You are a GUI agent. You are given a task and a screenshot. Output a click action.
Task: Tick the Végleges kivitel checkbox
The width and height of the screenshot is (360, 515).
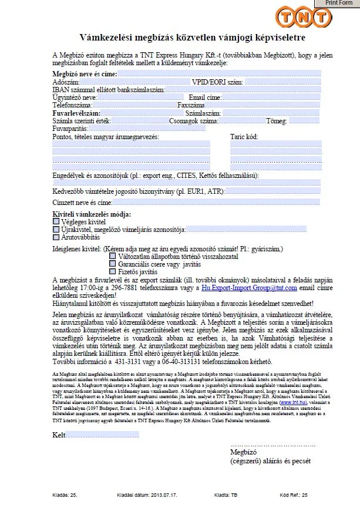point(56,222)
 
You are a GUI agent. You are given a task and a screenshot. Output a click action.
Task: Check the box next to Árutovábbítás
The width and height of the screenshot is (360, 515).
point(56,237)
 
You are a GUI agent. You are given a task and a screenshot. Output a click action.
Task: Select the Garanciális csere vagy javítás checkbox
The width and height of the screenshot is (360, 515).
point(112,264)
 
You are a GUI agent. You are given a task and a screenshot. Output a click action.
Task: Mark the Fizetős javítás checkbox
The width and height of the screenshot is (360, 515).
point(112,271)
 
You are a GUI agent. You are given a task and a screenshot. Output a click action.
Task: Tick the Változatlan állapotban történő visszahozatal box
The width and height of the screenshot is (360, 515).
point(112,256)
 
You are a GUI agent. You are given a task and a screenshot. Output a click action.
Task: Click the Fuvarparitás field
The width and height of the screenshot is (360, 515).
point(147,128)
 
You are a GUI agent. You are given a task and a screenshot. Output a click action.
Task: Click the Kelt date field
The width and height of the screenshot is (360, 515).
point(103,434)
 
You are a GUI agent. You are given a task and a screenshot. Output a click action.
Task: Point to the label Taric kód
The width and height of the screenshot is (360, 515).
point(244,136)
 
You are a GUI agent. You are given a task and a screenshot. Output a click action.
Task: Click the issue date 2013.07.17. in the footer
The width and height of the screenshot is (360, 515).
point(156,495)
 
